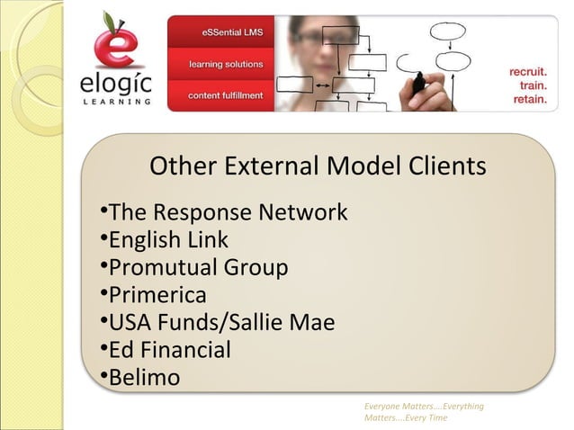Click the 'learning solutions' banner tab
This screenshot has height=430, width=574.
coord(226,65)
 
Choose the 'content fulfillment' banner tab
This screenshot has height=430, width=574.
coord(226,95)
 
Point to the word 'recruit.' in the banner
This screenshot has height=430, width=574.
coord(527,68)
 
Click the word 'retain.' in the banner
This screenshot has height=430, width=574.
coord(529,99)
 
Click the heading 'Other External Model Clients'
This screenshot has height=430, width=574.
coord(318,166)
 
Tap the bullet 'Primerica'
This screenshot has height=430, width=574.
coord(157,295)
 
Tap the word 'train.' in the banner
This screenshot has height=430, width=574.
coord(534,84)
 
